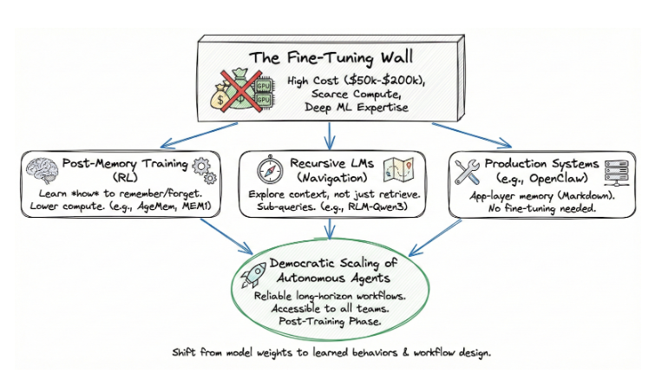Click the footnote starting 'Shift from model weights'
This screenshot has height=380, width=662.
[330, 354]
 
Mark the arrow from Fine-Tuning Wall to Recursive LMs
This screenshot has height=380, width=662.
[331, 133]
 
